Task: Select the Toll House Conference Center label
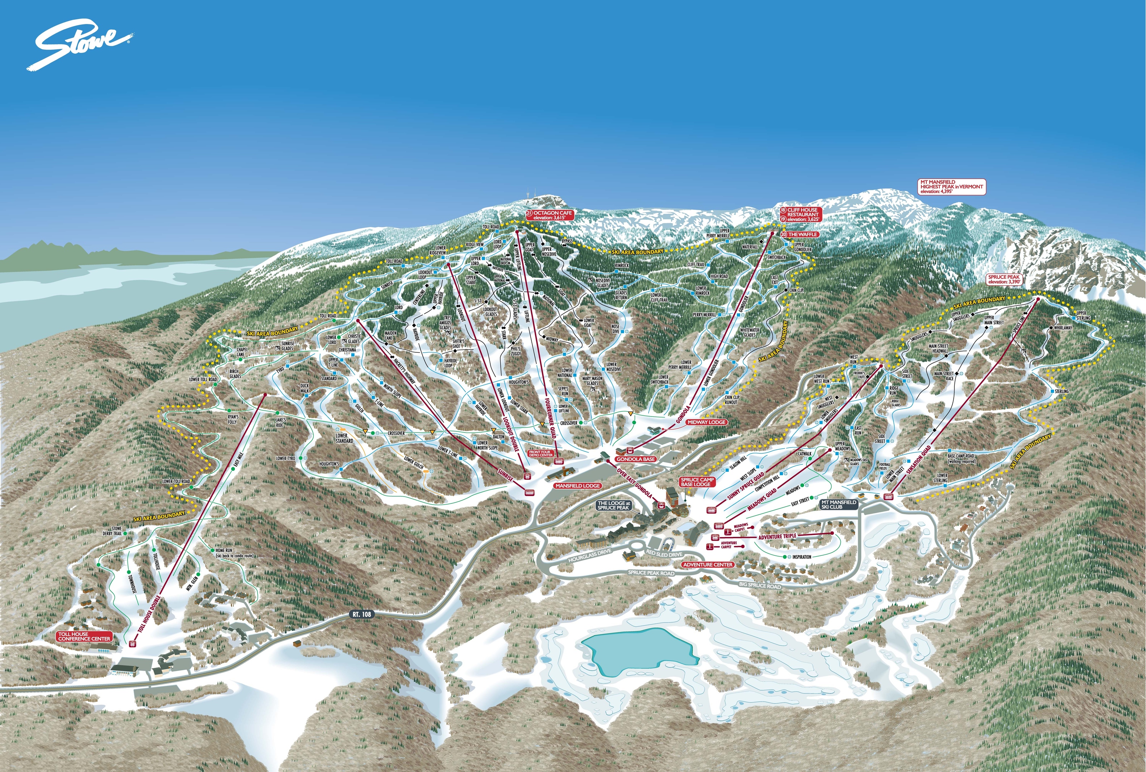[x=84, y=636]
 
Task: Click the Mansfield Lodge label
[x=577, y=486]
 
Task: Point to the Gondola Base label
[x=635, y=459]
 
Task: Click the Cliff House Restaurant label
[x=802, y=212]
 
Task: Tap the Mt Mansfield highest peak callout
[x=952, y=187]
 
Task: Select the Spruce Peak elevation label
[x=1004, y=279]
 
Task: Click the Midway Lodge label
[x=707, y=422]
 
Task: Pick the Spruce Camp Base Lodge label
[x=697, y=482]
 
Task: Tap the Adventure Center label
[x=707, y=564]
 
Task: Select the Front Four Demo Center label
[x=540, y=453]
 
